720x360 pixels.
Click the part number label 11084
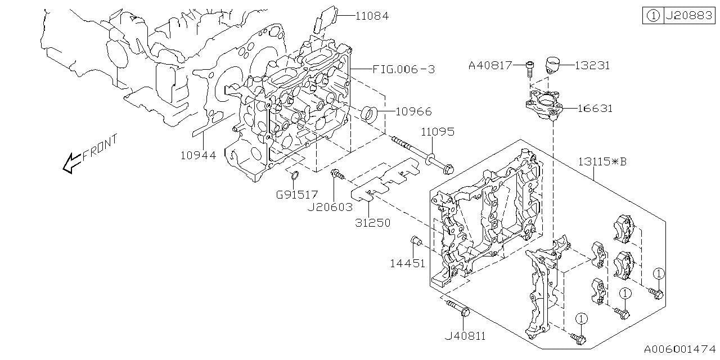(372, 16)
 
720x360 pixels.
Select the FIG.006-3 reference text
(403, 69)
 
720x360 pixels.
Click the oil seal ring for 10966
(370, 112)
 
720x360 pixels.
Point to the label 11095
(438, 132)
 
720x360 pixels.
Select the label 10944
(199, 155)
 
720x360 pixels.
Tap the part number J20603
(330, 207)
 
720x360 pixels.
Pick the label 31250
(372, 223)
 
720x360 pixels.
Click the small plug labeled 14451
(417, 241)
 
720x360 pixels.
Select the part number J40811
(465, 336)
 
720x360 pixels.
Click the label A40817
(490, 66)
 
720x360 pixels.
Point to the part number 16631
(593, 109)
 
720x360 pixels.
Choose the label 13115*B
(602, 162)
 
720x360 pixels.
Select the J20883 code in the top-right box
(689, 16)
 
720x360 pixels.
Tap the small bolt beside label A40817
(529, 69)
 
